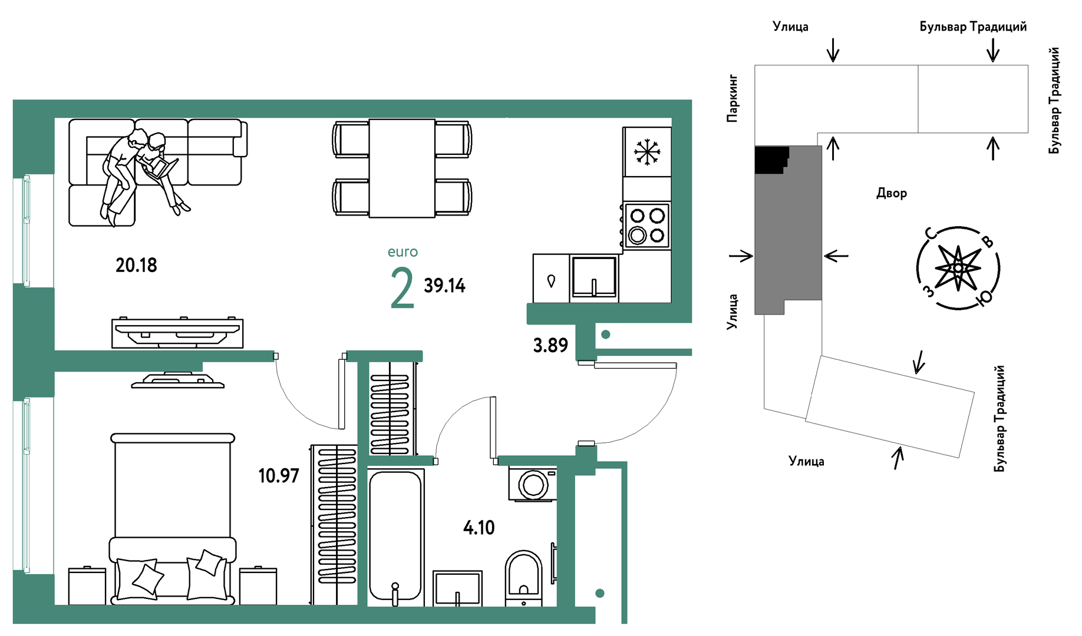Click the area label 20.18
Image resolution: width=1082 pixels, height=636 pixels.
(136, 266)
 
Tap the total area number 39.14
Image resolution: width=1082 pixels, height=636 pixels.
(444, 286)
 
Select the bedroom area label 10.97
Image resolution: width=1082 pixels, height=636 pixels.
(279, 476)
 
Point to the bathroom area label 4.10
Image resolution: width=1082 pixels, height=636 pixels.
(479, 528)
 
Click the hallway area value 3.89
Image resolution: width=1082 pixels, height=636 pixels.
(550, 345)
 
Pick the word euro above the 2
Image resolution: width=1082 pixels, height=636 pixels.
(403, 252)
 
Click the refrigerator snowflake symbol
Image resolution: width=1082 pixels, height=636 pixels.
(647, 152)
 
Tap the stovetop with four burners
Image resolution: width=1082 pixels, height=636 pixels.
(647, 226)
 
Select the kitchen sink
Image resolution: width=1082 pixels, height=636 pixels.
(594, 277)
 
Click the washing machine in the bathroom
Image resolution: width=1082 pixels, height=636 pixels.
(533, 484)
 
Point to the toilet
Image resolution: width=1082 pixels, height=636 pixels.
(523, 578)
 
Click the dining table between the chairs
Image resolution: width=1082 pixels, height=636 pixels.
(402, 168)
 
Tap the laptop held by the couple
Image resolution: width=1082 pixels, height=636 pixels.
(161, 170)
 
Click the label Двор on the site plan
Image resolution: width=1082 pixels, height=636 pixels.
(891, 193)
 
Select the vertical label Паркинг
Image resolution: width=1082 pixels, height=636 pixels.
(732, 98)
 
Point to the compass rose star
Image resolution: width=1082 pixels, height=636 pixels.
(958, 268)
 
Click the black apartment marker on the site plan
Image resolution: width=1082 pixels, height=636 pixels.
(771, 160)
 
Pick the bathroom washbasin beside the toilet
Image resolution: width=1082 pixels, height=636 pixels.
(457, 588)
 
